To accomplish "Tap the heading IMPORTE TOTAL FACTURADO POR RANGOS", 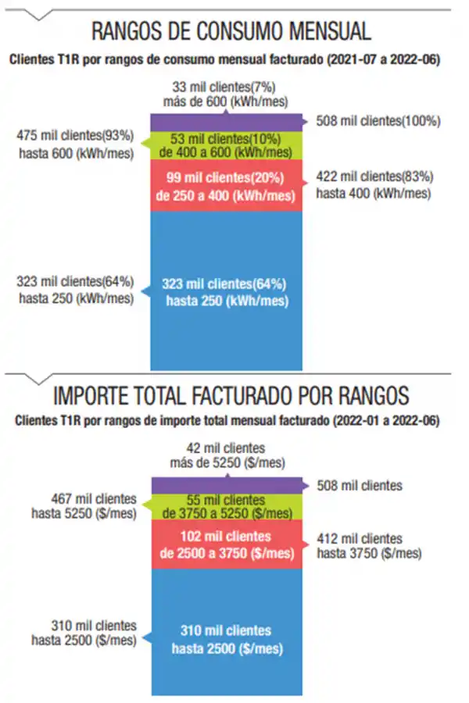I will pyautogui.click(x=231, y=396).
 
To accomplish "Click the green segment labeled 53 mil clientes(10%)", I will pyautogui.click(x=227, y=145).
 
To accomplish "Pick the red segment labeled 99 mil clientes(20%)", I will pyautogui.click(x=227, y=187).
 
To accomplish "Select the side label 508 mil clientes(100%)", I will pyautogui.click(x=378, y=121).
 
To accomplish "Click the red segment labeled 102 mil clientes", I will pyautogui.click(x=227, y=545).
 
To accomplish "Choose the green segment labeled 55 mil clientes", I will pyautogui.click(x=227, y=505).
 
